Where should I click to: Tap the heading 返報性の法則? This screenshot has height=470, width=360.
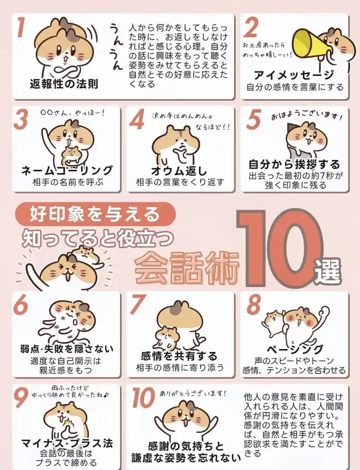pos(64,84)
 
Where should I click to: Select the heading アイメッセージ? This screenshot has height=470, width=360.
pos(294,75)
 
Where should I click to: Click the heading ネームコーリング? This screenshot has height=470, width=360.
pos(67,170)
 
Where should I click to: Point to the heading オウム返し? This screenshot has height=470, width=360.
pos(179,170)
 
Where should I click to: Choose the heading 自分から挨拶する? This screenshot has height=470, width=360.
pos(294,164)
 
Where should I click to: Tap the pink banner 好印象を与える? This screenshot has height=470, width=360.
pos(94,214)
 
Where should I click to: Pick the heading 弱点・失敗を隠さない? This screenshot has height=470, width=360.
pos(67,348)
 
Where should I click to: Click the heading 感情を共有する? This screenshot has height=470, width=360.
pos(179,356)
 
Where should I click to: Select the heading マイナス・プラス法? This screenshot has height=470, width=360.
pos(67,443)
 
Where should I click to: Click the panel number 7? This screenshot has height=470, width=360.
pos(138,305)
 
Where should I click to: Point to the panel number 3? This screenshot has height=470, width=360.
pos(21,119)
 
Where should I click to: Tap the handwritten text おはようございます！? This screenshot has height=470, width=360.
pos(307,117)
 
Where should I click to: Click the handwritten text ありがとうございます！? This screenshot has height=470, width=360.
pos(192,393)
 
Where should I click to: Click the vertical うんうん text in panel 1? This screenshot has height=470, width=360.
pos(116,46)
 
